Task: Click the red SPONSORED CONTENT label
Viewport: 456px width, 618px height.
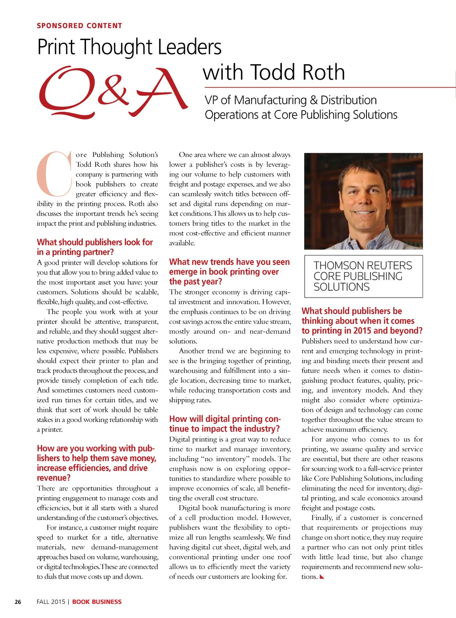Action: pos(79,26)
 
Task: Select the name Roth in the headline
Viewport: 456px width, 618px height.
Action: pos(324,72)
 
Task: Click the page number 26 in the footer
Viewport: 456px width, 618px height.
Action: pos(18,602)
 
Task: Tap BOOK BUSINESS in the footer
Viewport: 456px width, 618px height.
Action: pos(97,602)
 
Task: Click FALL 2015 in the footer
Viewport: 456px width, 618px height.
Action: pos(51,602)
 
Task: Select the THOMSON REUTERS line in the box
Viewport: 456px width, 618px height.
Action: pos(362,266)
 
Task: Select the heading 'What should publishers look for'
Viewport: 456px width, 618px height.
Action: pos(95,242)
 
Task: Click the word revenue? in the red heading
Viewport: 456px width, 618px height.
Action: pos(54,478)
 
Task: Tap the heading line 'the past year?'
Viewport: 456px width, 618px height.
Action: pos(195,282)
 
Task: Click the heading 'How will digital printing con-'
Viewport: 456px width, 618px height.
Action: pos(225,419)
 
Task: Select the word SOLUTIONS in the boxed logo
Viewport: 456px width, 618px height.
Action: pos(342,287)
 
